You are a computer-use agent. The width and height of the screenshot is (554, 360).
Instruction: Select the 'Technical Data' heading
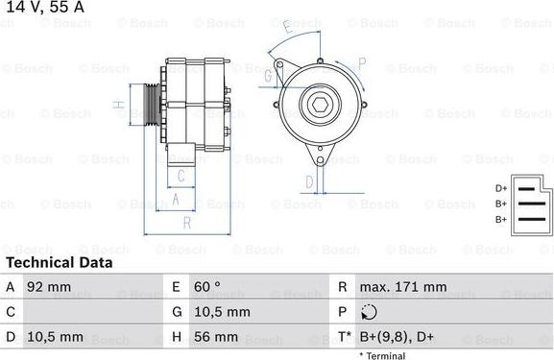coord(59,262)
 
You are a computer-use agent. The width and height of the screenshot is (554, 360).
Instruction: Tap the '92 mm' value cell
coord(50,287)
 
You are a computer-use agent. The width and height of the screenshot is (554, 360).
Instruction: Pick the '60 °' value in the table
coord(208,287)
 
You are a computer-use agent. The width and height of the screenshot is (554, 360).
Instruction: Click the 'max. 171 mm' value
coord(403,287)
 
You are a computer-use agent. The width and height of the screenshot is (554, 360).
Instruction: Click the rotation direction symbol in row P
coord(371,312)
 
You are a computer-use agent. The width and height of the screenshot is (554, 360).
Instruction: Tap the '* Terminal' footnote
coord(382,355)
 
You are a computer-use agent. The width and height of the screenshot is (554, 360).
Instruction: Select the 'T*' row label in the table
coord(343,337)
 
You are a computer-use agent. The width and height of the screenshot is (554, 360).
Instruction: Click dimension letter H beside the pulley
coord(116,105)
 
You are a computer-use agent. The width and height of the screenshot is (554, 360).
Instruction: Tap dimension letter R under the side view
coord(187,223)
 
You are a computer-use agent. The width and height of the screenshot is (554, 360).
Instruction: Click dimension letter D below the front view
coord(309,180)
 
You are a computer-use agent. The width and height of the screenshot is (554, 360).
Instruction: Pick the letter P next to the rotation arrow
coord(362,62)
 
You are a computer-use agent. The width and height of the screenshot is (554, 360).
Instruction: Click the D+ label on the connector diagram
coord(500,188)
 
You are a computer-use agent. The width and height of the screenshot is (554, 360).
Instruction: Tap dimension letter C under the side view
coord(179,175)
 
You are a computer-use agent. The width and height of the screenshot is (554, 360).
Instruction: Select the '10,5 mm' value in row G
coord(224,312)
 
